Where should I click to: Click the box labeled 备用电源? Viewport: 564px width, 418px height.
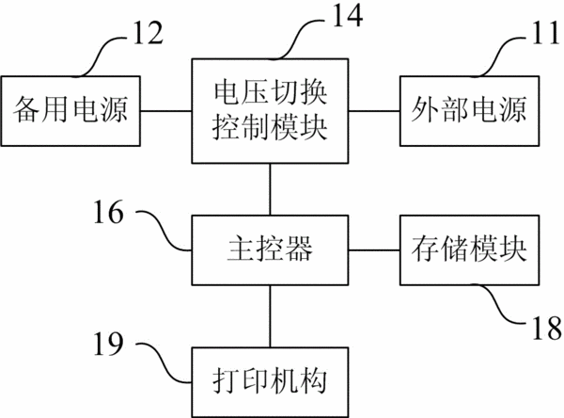click(x=70, y=111)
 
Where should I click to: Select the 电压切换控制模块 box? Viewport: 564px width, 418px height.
click(x=270, y=111)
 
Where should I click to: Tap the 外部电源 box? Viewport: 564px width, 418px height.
click(x=469, y=111)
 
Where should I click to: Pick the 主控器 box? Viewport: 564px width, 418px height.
click(x=270, y=250)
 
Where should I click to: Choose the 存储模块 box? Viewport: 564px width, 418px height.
click(x=469, y=250)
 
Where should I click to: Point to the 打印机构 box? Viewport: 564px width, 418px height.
click(x=270, y=382)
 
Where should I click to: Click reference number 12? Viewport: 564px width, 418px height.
click(x=149, y=32)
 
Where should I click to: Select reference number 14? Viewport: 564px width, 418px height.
click(x=348, y=15)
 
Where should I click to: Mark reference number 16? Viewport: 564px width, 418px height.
click(x=109, y=212)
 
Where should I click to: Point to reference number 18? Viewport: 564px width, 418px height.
click(x=547, y=328)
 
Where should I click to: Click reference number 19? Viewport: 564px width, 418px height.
click(x=109, y=344)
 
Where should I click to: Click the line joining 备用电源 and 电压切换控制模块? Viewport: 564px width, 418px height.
click(x=165, y=111)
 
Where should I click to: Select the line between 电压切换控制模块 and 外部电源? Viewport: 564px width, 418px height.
click(x=374, y=111)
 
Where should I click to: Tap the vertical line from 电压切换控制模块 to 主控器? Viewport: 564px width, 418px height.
click(x=270, y=189)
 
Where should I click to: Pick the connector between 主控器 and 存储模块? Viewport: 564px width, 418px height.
click(x=374, y=250)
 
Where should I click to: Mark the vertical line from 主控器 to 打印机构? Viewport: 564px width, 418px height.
click(x=270, y=316)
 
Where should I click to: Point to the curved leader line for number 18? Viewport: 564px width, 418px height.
click(x=500, y=303)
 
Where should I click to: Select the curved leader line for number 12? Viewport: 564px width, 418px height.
click(x=100, y=56)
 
